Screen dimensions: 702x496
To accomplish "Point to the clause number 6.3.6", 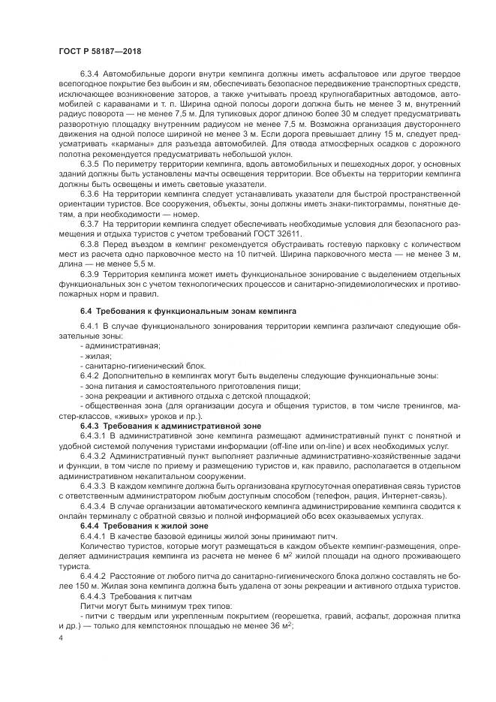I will pyautogui.click(x=90, y=192).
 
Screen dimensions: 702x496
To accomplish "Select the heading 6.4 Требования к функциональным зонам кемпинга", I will pyautogui.click(x=188, y=310).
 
